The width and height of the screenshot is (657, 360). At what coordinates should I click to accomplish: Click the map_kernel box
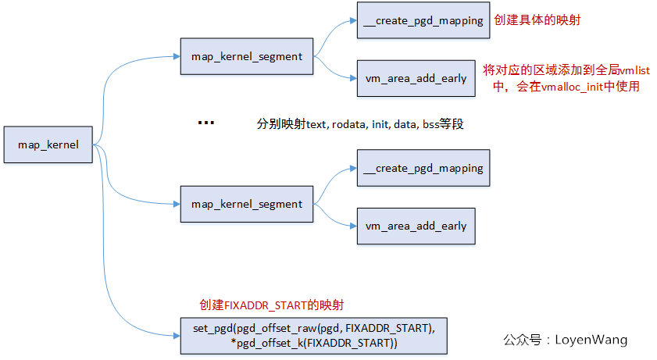48,144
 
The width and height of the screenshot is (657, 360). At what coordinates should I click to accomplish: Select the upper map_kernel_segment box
246,57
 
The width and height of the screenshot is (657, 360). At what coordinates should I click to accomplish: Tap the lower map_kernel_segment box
246,204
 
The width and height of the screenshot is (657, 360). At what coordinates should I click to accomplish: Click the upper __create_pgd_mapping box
423,21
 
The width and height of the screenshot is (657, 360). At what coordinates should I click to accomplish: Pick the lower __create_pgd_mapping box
423,168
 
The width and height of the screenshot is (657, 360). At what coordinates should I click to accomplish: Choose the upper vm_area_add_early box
416,78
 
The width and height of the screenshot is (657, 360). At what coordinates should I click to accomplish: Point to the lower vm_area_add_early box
416,226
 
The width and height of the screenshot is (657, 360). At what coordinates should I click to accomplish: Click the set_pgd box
313,337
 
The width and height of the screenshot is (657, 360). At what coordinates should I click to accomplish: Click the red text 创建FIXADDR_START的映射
272,304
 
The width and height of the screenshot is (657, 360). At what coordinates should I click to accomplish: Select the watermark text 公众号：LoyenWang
565,340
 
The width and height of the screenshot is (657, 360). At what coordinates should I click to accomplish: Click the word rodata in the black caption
346,123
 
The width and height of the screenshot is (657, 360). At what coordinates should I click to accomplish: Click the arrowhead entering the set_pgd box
176,336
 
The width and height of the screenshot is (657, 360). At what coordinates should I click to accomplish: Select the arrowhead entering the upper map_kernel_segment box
176,56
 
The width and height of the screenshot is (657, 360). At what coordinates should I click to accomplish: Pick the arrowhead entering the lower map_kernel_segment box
176,204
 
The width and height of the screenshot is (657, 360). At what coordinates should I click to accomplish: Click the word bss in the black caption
431,123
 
